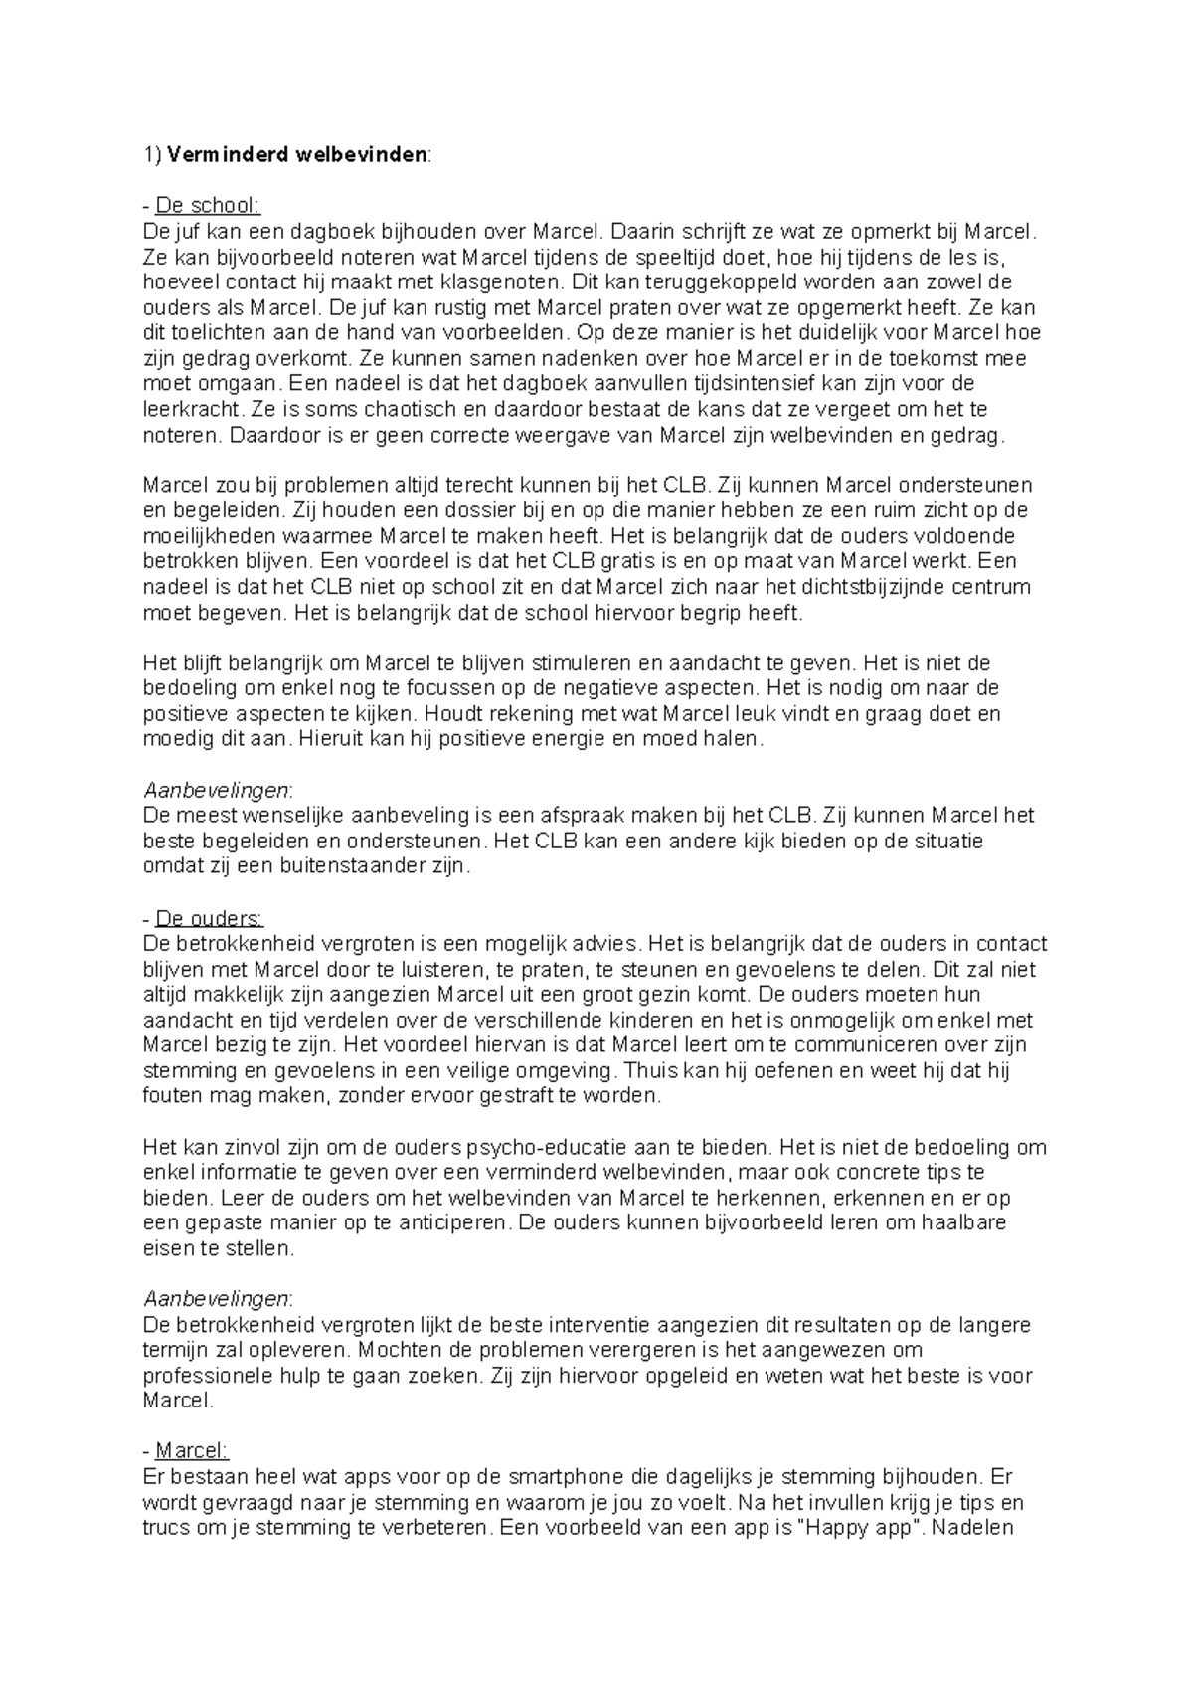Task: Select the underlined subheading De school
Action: coord(208,206)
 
